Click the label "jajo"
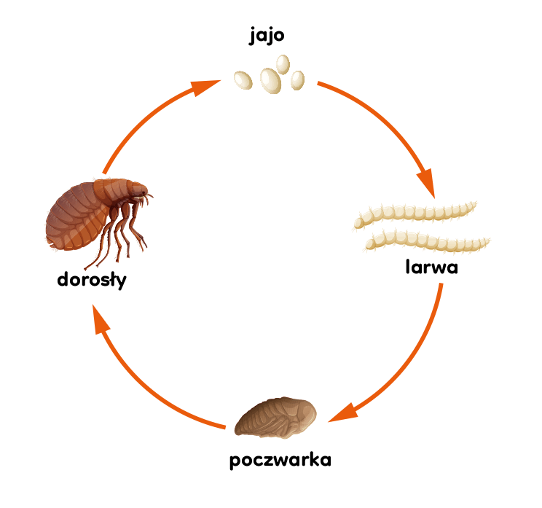267,36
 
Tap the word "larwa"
432,267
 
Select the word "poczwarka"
280,461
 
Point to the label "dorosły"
92,280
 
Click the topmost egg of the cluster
283,64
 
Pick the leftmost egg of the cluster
243,80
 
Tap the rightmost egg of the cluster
297,80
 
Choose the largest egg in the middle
270,81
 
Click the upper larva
415,214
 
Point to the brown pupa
275,418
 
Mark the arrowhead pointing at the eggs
205,87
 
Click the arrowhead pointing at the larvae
427,183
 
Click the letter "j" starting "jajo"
252,36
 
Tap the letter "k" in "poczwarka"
315,459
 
